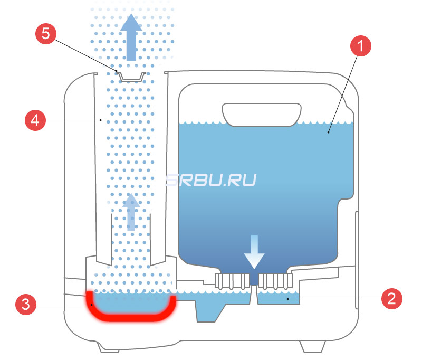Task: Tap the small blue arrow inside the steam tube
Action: tap(130, 212)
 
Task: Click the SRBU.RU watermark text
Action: tap(211, 180)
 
